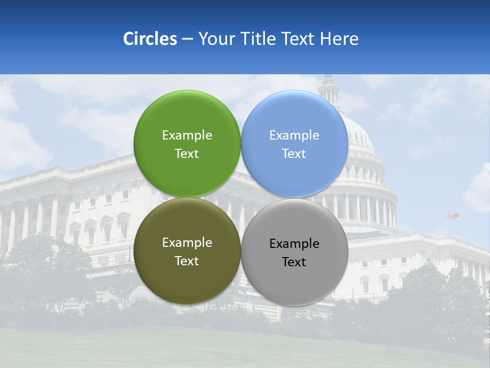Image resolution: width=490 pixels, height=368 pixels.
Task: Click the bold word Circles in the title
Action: [150, 39]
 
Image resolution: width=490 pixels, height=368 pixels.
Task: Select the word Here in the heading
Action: [340, 39]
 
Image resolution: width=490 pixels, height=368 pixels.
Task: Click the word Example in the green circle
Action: [187, 135]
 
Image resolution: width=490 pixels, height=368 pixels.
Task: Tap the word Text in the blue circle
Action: [294, 154]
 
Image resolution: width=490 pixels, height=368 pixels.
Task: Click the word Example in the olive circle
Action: [187, 243]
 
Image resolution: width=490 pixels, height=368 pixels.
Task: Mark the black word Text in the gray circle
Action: [294, 262]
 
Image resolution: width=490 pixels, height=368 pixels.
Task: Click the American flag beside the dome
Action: [453, 217]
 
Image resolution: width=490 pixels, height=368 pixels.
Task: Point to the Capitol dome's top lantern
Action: [328, 89]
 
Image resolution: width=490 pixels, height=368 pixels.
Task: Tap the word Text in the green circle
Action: [187, 154]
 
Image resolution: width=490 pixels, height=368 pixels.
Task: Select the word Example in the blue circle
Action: [294, 135]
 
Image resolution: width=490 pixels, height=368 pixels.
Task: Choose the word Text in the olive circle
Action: [187, 261]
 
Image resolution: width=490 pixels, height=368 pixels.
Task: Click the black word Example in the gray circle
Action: [294, 244]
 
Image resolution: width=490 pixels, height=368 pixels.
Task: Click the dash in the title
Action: [187, 39]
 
